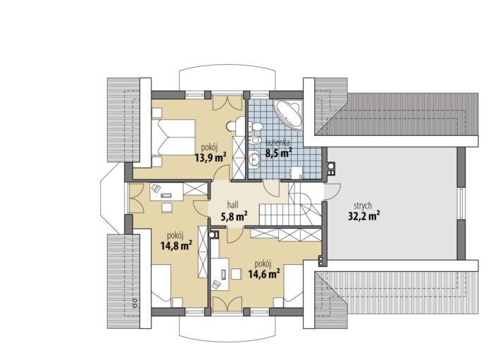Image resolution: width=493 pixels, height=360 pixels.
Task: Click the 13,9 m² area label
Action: tap(211, 157)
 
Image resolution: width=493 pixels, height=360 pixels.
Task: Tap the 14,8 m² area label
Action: tap(176, 246)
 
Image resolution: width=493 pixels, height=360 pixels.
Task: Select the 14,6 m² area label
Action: tap(264, 274)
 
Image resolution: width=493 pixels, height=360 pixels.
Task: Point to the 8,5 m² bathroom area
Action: tap(279, 153)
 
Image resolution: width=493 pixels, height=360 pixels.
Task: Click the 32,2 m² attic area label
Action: tap(363, 216)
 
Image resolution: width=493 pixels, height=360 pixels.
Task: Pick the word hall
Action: tap(232, 205)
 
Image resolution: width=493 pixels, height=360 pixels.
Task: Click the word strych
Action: tap(363, 206)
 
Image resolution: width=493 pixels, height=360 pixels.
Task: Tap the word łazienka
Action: tap(277, 143)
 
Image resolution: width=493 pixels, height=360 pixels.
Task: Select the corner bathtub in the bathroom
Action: tap(288, 114)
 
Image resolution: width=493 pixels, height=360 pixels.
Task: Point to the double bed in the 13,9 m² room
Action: tap(173, 137)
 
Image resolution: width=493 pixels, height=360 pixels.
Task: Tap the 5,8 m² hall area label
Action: tap(234, 216)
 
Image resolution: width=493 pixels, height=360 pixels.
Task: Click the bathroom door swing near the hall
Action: tap(271, 189)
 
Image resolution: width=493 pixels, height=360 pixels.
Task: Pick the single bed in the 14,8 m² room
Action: tap(161, 284)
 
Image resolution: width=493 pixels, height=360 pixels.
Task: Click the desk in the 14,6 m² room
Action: tap(220, 274)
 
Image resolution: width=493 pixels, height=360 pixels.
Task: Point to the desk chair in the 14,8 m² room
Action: tap(167, 208)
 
